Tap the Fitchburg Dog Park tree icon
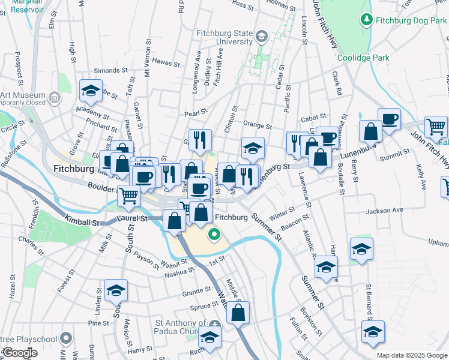367,20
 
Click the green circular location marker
213,235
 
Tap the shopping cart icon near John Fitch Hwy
436,127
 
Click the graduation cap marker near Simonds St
91,91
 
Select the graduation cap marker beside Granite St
116,291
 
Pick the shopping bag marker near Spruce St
238,313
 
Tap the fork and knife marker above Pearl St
200,140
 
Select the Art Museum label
23,95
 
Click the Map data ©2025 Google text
411,355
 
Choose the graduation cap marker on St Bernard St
373,332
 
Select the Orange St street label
258,127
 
